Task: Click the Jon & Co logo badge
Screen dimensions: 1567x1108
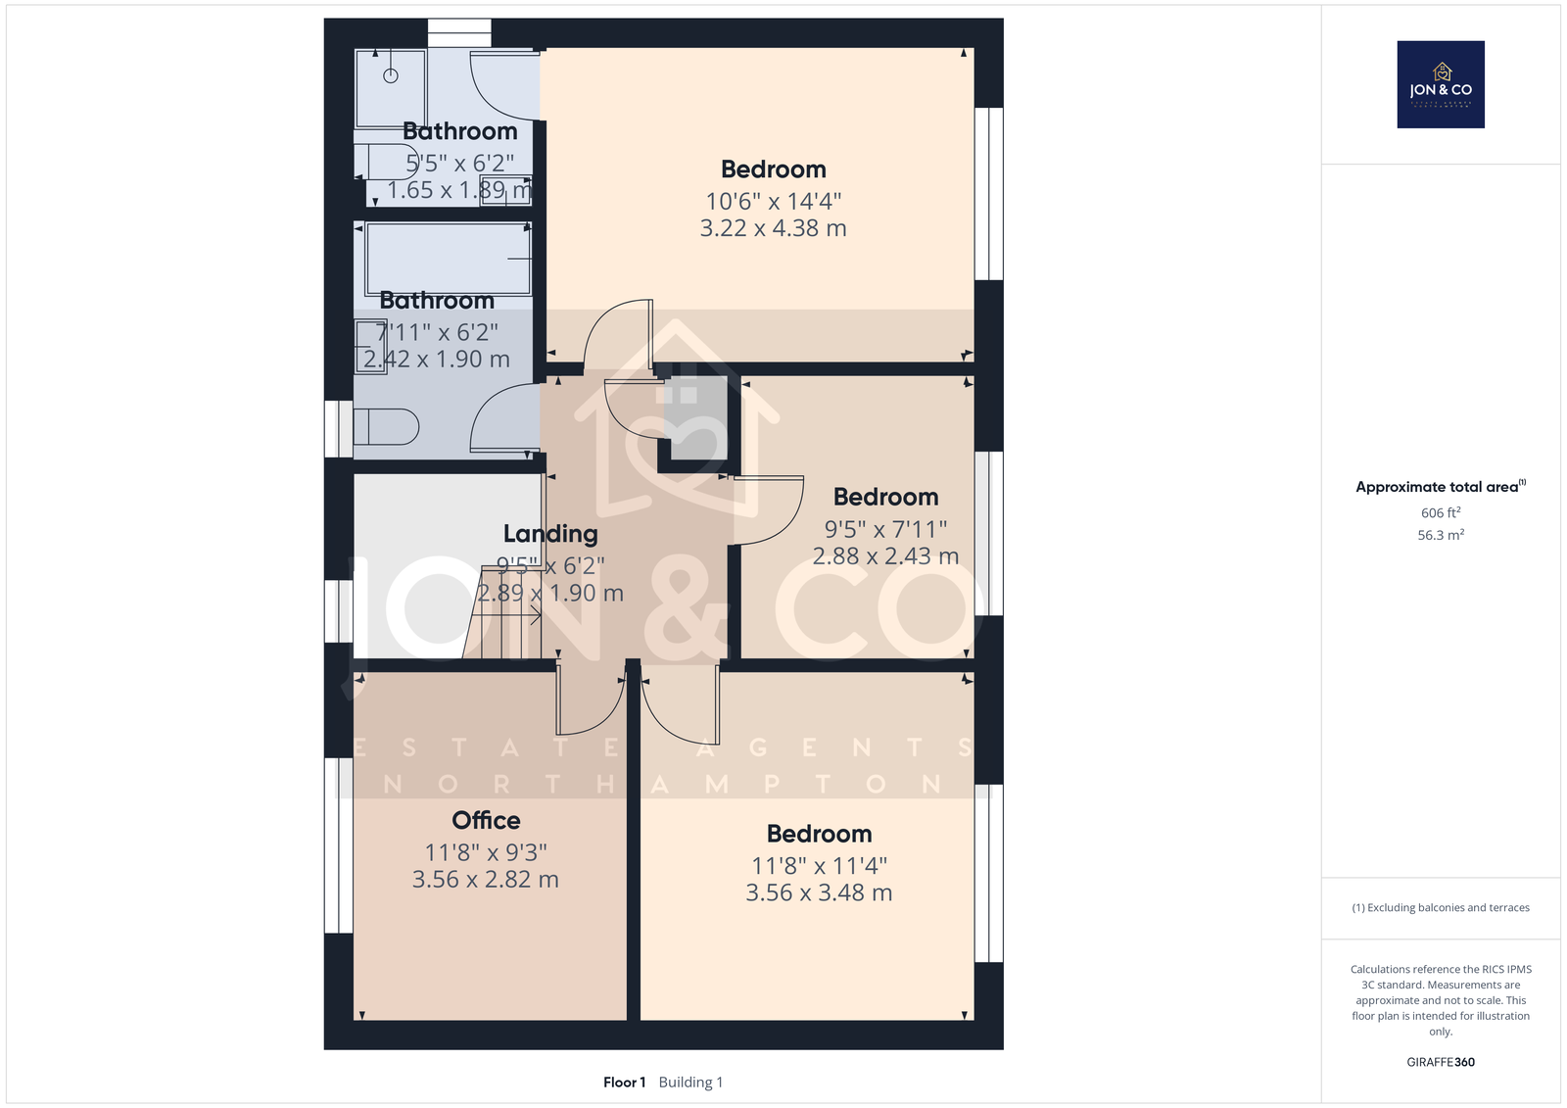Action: pyautogui.click(x=1441, y=84)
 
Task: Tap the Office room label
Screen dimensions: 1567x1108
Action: pyautogui.click(x=486, y=820)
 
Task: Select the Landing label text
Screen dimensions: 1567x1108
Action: pyautogui.click(x=550, y=533)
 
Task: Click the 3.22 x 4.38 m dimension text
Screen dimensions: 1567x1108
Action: pyautogui.click(x=773, y=228)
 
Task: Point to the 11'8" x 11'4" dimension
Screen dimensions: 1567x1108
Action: pyautogui.click(x=819, y=866)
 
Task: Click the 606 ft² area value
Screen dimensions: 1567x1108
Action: pyautogui.click(x=1441, y=512)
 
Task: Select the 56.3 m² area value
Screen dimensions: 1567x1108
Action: pyautogui.click(x=1441, y=535)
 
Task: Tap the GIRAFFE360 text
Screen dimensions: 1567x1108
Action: pyautogui.click(x=1441, y=1062)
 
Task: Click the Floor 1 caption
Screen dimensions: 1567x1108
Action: pyautogui.click(x=624, y=1083)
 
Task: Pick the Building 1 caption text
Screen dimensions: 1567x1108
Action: pyautogui.click(x=690, y=1083)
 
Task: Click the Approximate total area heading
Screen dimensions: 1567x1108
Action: pyautogui.click(x=1441, y=487)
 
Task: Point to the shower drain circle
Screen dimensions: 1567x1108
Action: pyautogui.click(x=391, y=75)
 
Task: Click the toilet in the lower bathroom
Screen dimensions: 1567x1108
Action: pyautogui.click(x=386, y=427)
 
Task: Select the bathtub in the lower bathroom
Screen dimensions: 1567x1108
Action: pyautogui.click(x=448, y=259)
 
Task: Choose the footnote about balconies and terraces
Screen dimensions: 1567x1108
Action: pyautogui.click(x=1441, y=908)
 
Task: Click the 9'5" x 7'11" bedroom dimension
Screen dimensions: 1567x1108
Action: pyautogui.click(x=885, y=529)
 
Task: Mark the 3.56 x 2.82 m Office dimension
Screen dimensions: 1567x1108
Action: pyautogui.click(x=486, y=879)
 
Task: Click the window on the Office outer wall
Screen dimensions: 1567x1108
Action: pyautogui.click(x=339, y=845)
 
